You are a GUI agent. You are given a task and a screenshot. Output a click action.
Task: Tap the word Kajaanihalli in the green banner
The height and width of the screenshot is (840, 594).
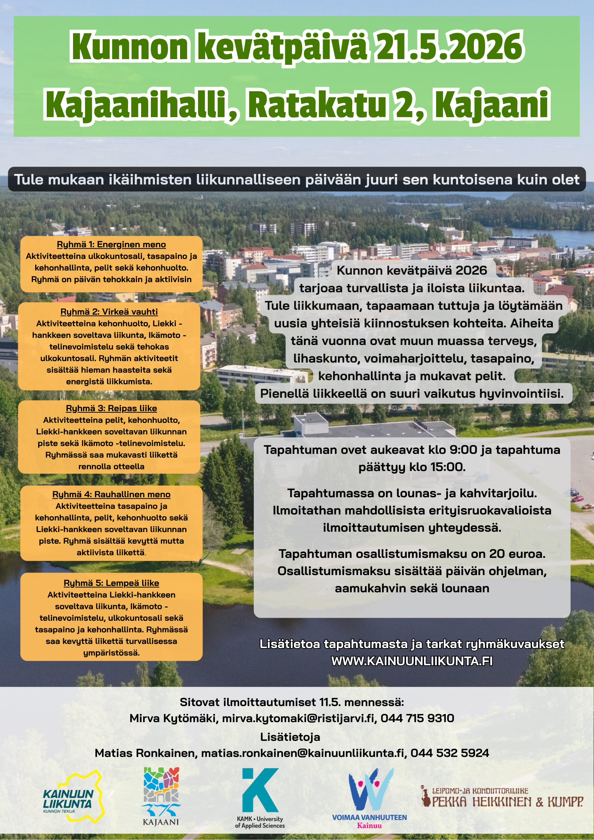(x=137, y=104)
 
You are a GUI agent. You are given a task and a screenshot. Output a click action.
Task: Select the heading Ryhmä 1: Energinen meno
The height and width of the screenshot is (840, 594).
(x=111, y=245)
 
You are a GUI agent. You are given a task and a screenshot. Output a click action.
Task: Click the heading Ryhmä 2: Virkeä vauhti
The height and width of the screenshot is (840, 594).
(x=109, y=312)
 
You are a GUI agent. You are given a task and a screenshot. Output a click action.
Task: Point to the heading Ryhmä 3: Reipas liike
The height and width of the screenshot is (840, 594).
(x=111, y=408)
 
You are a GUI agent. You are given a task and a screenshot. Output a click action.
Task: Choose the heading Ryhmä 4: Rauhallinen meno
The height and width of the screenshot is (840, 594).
(x=111, y=494)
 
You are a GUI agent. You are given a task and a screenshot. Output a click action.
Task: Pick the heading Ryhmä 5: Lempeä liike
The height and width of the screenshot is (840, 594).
(x=111, y=583)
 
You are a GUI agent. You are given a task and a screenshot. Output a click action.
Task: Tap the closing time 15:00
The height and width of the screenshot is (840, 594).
(x=447, y=467)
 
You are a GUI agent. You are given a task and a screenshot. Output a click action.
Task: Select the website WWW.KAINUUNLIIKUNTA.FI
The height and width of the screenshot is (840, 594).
(x=412, y=661)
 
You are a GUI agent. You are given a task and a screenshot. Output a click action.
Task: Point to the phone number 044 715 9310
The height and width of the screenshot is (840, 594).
(x=417, y=718)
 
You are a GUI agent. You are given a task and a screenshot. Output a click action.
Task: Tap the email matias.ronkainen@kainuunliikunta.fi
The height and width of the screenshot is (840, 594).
(x=303, y=753)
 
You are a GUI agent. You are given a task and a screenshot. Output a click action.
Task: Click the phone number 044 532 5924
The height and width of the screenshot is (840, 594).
(x=450, y=753)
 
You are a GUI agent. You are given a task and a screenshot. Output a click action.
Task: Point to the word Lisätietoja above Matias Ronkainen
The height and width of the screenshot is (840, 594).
(x=290, y=737)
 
